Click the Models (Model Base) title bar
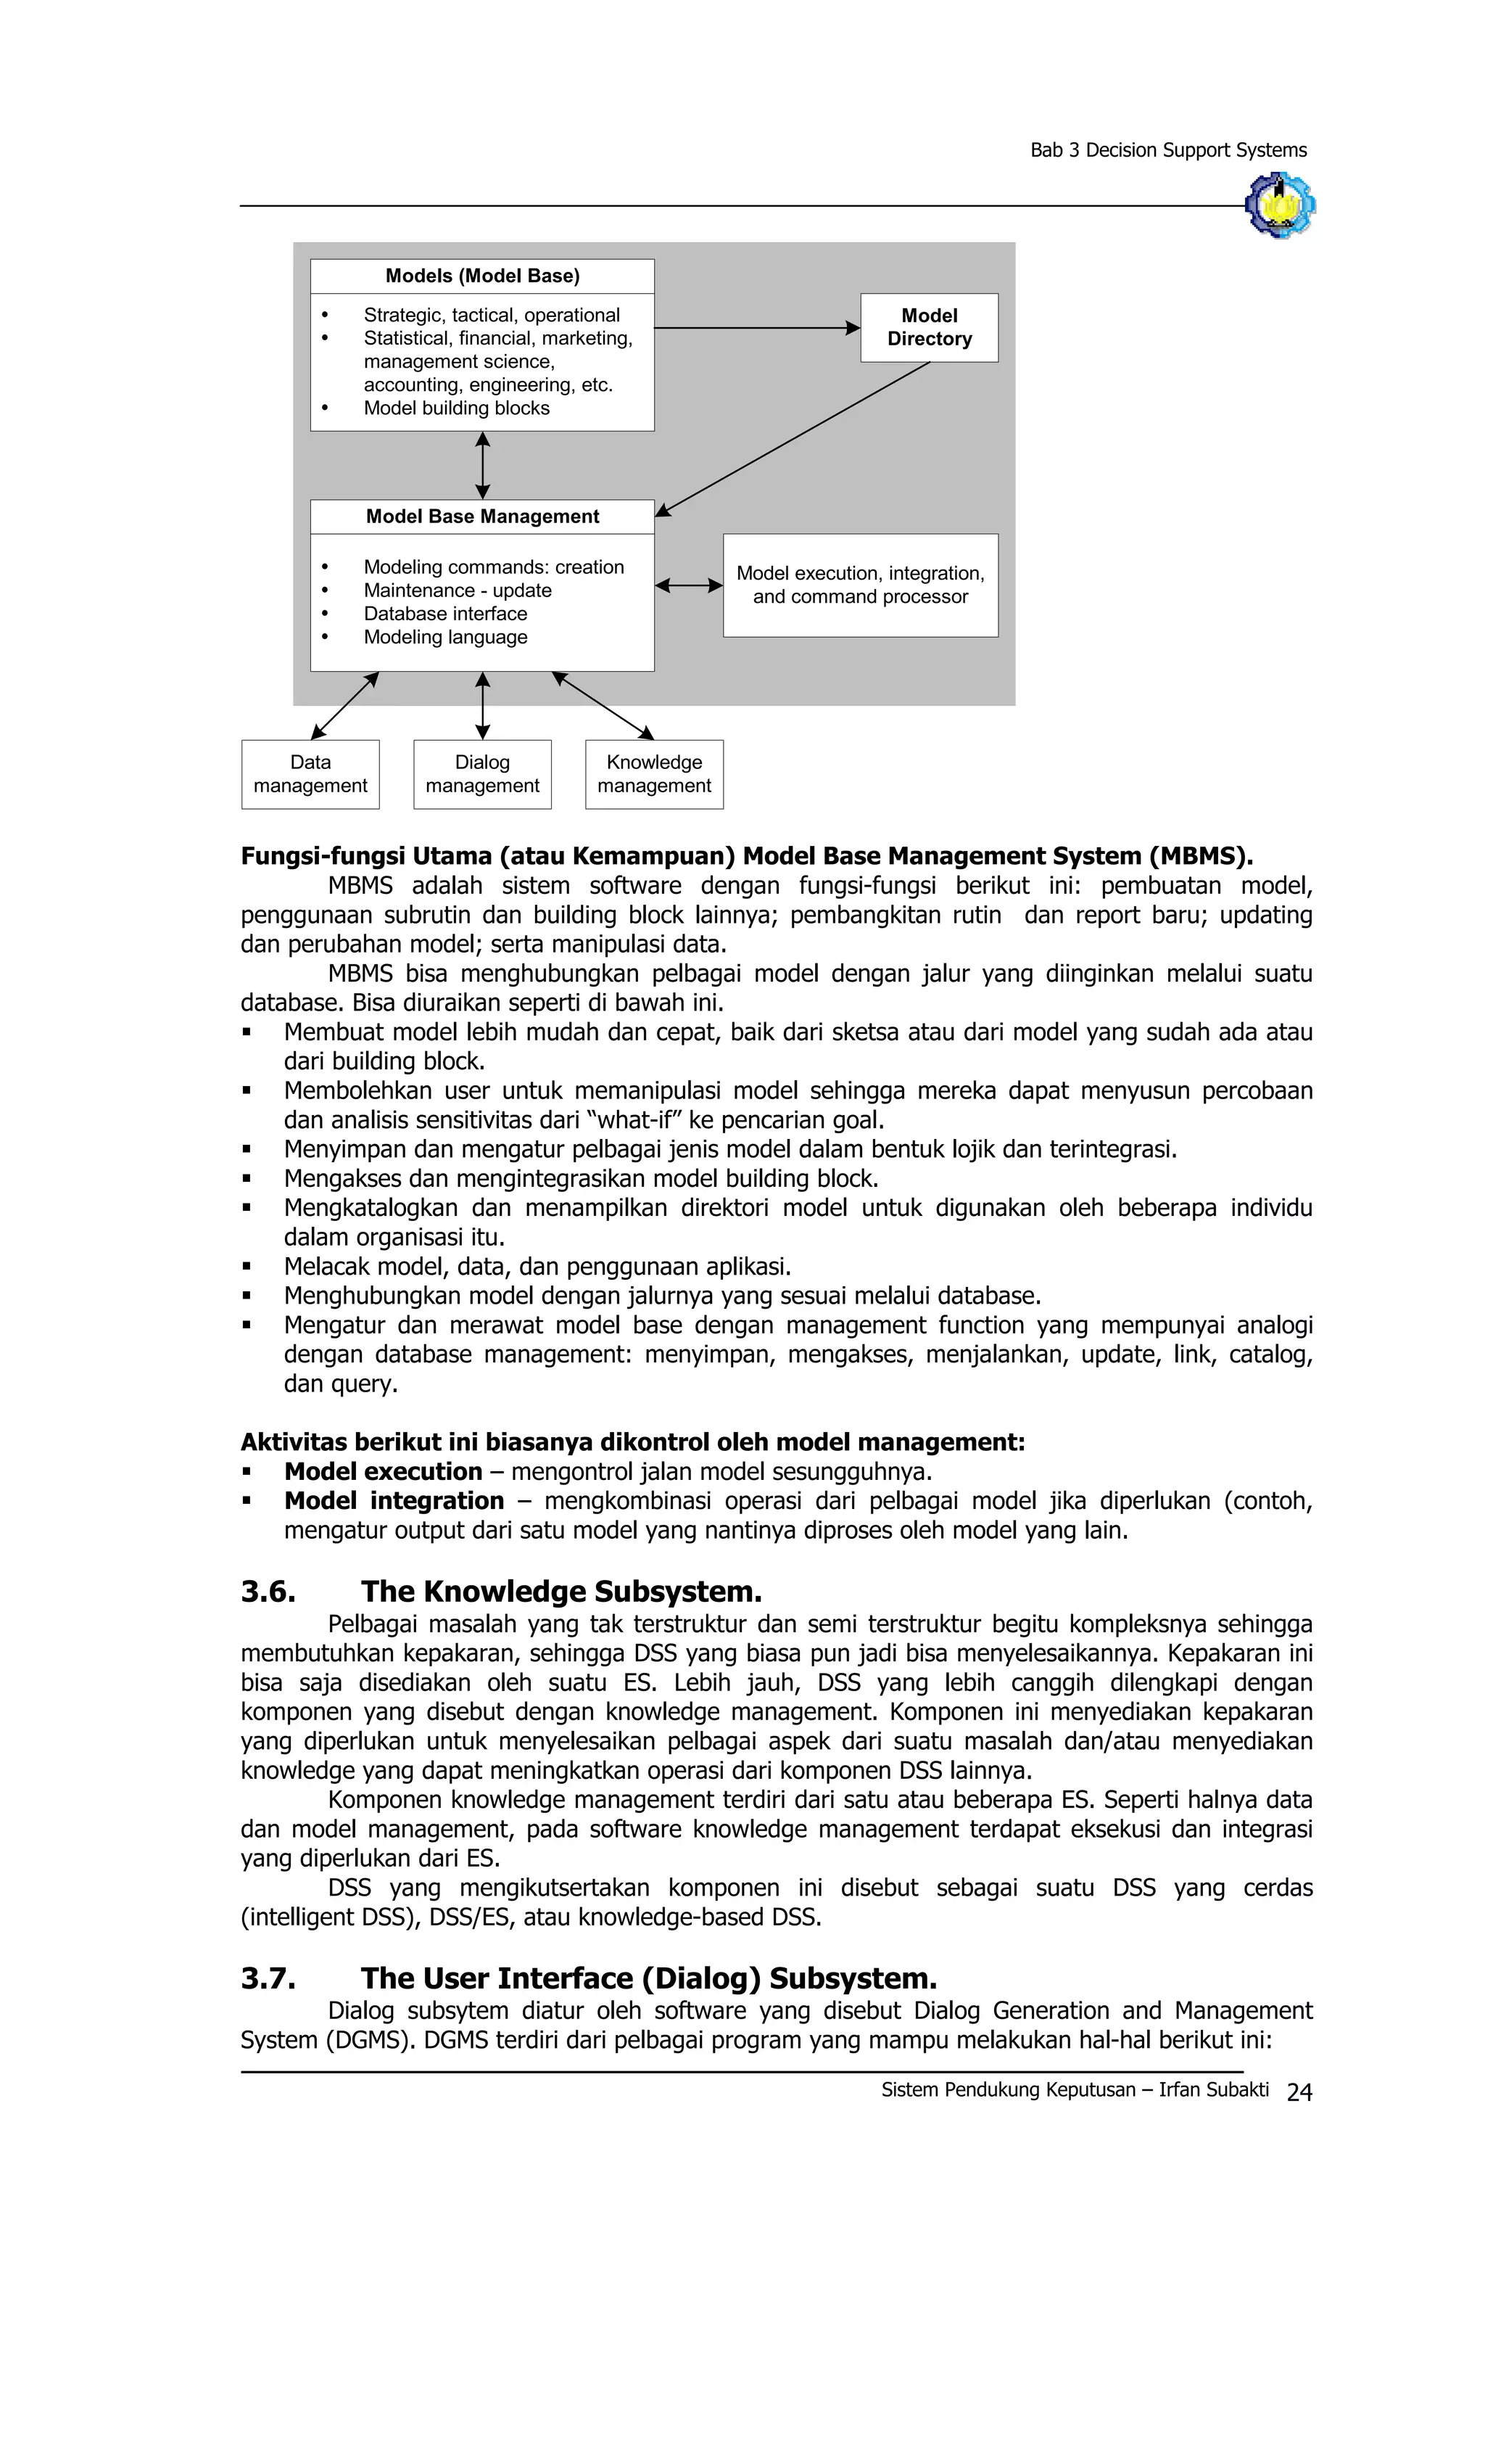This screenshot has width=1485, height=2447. [x=481, y=276]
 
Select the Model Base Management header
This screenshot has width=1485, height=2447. [x=481, y=517]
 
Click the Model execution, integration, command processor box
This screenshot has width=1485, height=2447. [x=860, y=585]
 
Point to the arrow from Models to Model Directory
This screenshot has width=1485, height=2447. [x=754, y=328]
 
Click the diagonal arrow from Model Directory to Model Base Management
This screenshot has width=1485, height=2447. [x=794, y=438]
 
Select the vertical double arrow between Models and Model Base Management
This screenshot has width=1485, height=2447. [x=482, y=465]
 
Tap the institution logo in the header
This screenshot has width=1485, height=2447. [x=1280, y=205]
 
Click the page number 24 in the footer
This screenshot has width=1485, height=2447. [x=1299, y=2092]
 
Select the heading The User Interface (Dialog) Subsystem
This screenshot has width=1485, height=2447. [x=648, y=1978]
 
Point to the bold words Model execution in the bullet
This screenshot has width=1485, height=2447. [x=383, y=1471]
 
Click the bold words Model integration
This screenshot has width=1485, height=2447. [x=394, y=1500]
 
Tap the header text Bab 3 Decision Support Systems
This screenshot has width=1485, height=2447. [x=1167, y=150]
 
